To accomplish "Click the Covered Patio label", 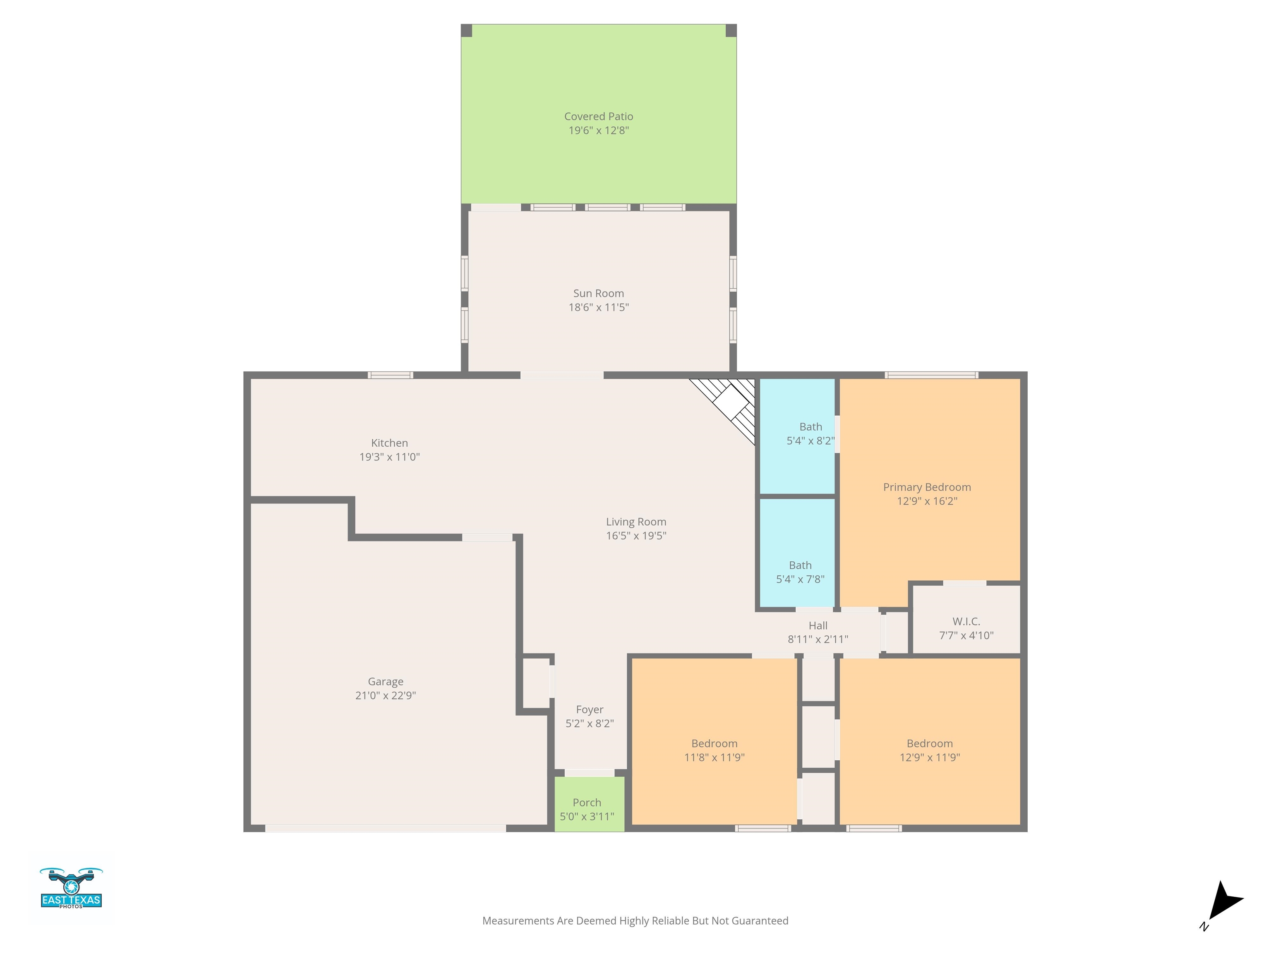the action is [598, 117].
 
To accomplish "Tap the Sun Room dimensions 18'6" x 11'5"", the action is [598, 307].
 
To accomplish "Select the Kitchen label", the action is [390, 443].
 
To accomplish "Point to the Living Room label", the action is [636, 522].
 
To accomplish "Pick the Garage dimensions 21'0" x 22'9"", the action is [386, 695].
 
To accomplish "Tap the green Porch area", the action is [590, 804].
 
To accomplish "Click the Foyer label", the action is [590, 709].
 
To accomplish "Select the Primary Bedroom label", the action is [927, 487].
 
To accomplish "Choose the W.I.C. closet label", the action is [966, 622].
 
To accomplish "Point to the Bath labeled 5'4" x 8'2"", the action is [798, 436].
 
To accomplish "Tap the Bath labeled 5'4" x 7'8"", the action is [798, 553].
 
